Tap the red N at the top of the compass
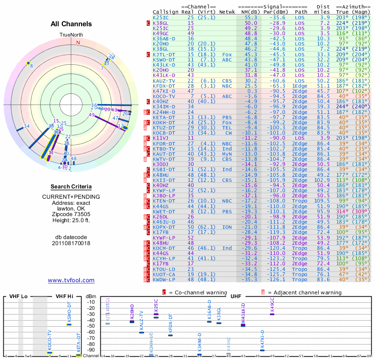click(78, 42)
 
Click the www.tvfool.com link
click(71, 280)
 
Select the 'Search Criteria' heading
click(71, 187)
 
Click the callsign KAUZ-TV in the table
click(164, 81)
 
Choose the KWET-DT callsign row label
click(164, 212)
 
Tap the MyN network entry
click(227, 154)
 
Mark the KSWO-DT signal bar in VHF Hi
click(69, 324)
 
